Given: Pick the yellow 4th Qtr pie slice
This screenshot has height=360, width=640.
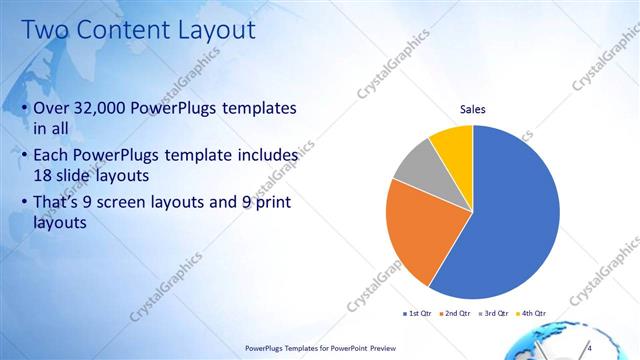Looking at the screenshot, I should pyautogui.click(x=453, y=145).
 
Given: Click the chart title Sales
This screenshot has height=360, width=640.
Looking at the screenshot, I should pyautogui.click(x=473, y=109).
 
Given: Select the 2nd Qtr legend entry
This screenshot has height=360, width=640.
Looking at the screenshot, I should pyautogui.click(x=455, y=313).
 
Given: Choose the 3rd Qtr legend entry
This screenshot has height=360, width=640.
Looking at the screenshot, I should pyautogui.click(x=495, y=313).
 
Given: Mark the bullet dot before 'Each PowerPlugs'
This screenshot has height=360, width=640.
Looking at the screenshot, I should pyautogui.click(x=24, y=156).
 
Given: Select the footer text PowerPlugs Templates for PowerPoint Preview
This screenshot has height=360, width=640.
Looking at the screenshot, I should pyautogui.click(x=321, y=348).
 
